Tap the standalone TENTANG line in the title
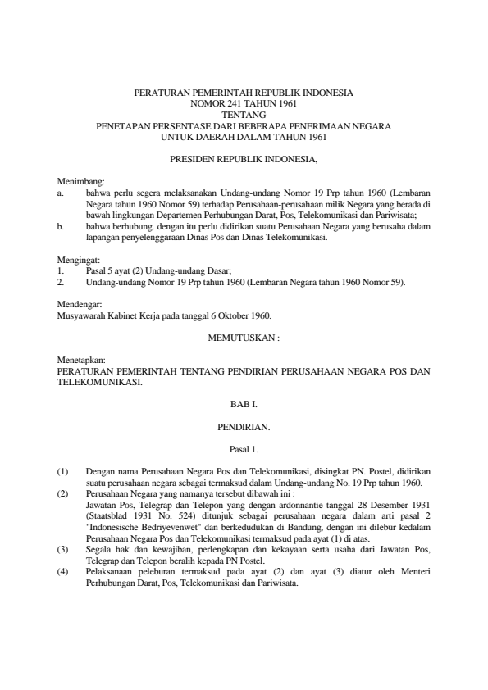coord(244,116)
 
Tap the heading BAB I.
coord(244,404)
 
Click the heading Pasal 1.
coord(244,448)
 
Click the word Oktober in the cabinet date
coord(230,315)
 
